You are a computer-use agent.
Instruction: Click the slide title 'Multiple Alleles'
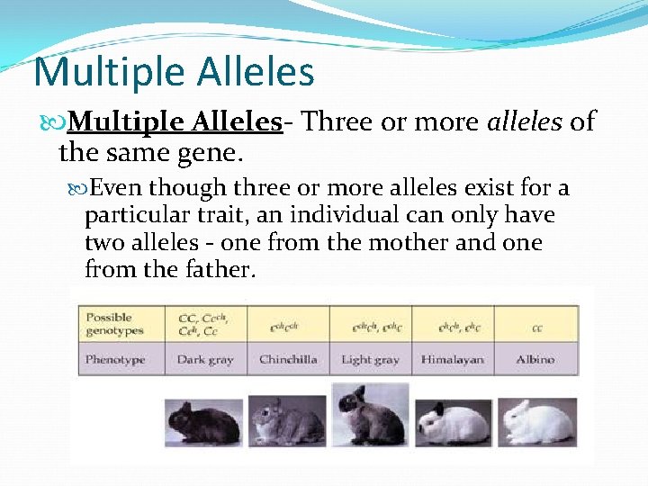pos(174,73)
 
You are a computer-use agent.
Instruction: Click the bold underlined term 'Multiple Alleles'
pos(175,121)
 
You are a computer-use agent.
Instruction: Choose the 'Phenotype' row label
pos(115,359)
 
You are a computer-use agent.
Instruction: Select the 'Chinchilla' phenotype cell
pos(288,359)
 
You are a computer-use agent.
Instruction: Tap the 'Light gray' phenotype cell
pos(370,359)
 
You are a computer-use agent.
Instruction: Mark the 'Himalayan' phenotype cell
pos(453,359)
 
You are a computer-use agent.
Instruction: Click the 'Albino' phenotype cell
pos(535,359)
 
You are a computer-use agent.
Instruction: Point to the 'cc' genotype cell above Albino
pos(535,328)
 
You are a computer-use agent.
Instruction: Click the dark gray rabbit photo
pos(203,421)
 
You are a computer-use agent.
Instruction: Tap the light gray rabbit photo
pos(370,416)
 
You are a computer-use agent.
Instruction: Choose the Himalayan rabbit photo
pos(453,421)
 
